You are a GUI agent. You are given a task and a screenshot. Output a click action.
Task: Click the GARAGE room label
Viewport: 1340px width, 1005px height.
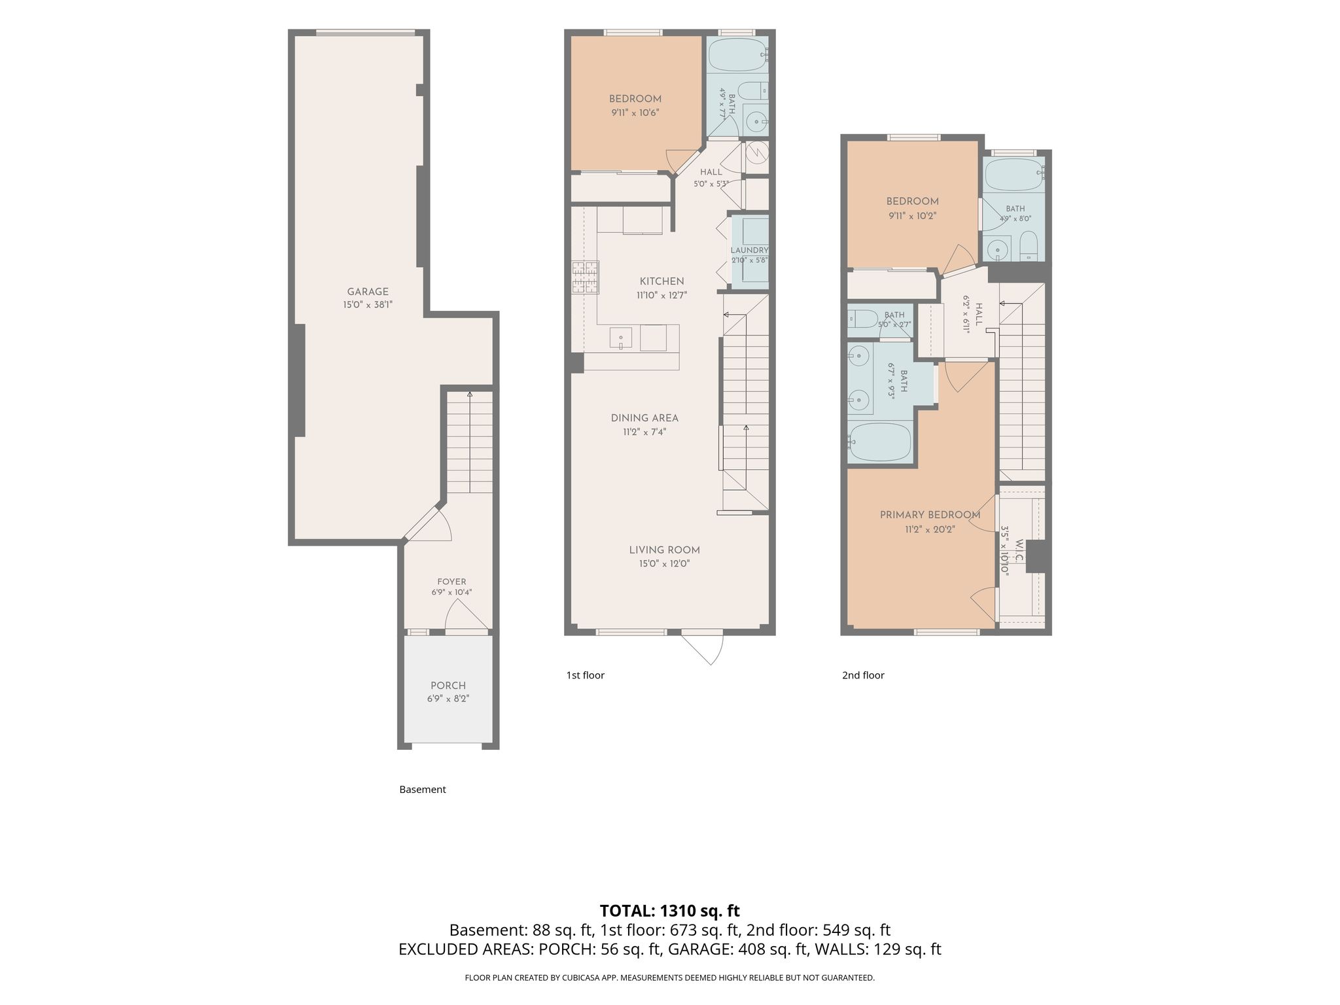[368, 292]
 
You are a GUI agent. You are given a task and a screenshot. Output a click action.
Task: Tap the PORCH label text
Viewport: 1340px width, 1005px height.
[448, 686]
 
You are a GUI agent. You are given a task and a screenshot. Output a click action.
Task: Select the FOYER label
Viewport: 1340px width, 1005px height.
[451, 582]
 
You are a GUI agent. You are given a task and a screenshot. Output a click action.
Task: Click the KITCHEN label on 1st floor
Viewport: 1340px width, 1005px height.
[661, 281]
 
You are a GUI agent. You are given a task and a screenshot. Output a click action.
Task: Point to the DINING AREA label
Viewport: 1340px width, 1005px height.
[644, 418]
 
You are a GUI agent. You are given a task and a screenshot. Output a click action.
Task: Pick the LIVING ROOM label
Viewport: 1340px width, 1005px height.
[665, 550]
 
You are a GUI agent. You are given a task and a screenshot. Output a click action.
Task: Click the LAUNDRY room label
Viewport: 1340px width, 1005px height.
[749, 251]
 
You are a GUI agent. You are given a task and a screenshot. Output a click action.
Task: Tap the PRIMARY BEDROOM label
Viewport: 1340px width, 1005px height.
[930, 515]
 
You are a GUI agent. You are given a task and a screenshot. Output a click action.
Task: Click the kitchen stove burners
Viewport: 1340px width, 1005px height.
[585, 277]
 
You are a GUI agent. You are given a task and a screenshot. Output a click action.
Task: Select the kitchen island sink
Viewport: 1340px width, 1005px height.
[621, 338]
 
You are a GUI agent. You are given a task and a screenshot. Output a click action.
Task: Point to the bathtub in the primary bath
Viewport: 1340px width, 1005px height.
[879, 442]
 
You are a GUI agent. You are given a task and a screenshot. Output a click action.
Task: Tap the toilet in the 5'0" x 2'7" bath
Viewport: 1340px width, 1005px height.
[862, 319]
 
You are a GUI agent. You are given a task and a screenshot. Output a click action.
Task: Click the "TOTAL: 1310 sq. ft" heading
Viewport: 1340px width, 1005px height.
[670, 911]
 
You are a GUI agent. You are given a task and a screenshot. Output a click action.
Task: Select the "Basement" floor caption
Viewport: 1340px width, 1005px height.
[423, 790]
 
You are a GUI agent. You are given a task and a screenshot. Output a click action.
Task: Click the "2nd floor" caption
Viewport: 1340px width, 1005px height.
[863, 675]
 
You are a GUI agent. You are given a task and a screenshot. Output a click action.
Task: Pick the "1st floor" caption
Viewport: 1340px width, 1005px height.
[586, 675]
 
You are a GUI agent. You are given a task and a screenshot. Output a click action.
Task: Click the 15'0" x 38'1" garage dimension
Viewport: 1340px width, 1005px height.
[368, 305]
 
